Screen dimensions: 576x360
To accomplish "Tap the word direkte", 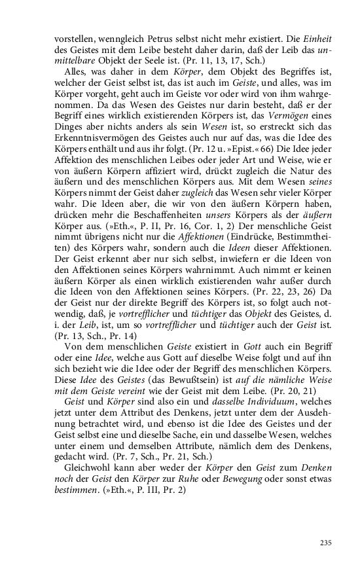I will (x=137, y=311).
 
